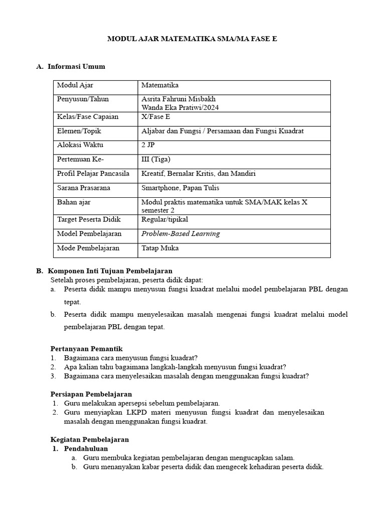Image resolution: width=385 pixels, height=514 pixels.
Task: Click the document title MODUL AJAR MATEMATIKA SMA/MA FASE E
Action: point(192,39)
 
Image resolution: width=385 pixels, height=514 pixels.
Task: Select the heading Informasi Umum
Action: point(76,66)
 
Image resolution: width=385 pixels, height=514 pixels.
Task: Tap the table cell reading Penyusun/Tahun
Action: point(80,99)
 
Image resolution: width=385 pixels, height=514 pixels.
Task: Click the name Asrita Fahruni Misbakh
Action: point(179,99)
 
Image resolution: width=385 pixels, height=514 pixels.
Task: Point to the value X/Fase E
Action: point(156,117)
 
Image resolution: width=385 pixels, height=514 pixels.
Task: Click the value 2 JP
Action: point(148,145)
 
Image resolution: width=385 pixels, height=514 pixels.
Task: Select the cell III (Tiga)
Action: point(156,159)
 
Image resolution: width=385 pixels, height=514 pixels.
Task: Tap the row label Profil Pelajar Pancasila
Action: point(93,174)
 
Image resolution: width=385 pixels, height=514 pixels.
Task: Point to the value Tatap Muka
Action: point(160,248)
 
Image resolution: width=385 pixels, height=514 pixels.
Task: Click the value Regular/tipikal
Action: point(165,219)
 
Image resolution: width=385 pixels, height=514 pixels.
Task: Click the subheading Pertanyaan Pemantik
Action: point(87,349)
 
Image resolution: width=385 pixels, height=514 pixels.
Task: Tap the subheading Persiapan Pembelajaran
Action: point(91,394)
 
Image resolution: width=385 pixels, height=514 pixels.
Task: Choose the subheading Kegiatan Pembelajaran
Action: point(90,439)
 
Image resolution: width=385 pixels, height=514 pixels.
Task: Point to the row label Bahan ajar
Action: point(74,202)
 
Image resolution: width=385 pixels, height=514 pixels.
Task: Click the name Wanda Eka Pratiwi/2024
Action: point(180,107)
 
